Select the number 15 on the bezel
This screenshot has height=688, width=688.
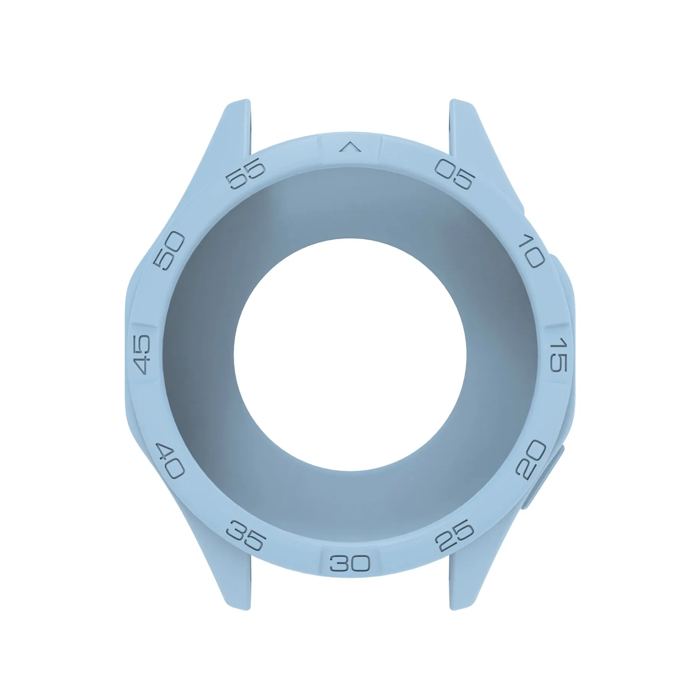pyautogui.click(x=558, y=354)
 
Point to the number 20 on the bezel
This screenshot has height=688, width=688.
pyautogui.click(x=531, y=458)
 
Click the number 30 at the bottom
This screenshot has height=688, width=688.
pyautogui.click(x=350, y=563)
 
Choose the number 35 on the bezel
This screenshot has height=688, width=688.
pyautogui.click(x=245, y=535)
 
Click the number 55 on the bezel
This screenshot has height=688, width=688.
pyautogui.click(x=245, y=174)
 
